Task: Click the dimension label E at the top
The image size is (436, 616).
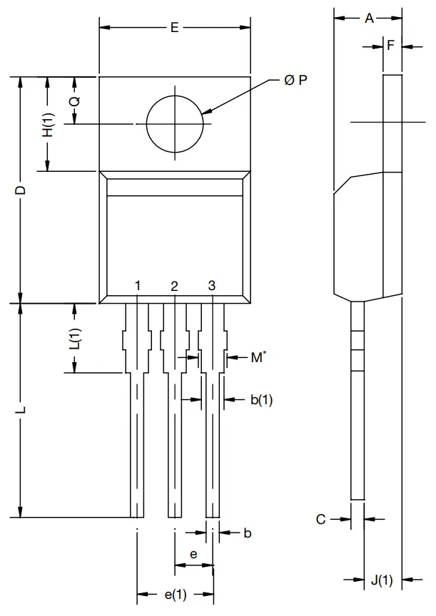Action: click(x=174, y=28)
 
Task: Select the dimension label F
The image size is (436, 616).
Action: click(x=390, y=46)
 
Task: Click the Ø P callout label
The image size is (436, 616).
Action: click(x=295, y=81)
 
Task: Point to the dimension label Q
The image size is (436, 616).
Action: click(x=74, y=101)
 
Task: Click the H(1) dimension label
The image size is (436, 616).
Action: click(x=48, y=125)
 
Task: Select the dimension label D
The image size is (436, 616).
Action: click(x=21, y=190)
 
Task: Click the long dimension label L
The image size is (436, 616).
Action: click(x=21, y=411)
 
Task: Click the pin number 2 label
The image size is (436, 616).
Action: click(x=175, y=286)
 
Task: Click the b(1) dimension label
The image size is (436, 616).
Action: click(x=261, y=400)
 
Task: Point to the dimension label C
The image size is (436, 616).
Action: click(x=321, y=519)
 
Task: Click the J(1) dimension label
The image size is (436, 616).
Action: click(x=382, y=580)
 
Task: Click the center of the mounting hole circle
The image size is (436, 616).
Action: click(x=174, y=123)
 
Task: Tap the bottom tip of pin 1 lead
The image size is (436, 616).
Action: click(x=137, y=516)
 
